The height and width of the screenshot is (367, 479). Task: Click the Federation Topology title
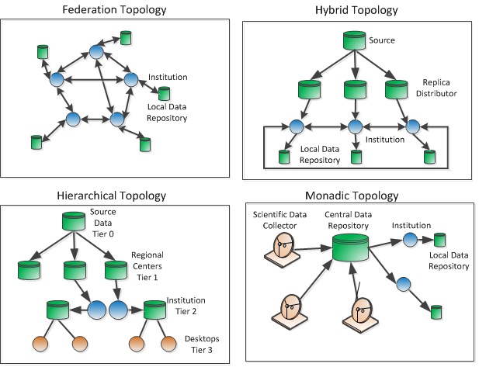point(114,10)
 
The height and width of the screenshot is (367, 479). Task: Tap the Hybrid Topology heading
point(356,10)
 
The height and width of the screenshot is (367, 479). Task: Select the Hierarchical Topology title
point(112,196)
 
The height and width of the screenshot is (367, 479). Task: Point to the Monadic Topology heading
point(352,196)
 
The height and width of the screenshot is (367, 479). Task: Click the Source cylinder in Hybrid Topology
point(354,40)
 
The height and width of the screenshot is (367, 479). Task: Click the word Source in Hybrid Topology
point(382,40)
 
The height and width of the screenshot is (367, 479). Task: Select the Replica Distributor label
point(436,88)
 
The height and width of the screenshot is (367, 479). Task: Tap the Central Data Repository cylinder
point(350,248)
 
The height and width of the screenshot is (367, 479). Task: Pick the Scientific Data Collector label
point(279,220)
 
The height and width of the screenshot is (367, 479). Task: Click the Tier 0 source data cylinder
point(74,221)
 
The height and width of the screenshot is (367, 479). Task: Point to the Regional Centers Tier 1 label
point(148,266)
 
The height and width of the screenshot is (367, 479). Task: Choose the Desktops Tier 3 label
point(202,344)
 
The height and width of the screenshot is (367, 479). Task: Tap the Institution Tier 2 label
point(186,306)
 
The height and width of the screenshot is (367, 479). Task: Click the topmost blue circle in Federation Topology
point(96,52)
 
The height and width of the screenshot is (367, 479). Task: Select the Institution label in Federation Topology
point(168,77)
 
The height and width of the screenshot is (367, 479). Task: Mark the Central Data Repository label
point(349,220)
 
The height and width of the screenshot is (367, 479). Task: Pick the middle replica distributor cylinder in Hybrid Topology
point(355,89)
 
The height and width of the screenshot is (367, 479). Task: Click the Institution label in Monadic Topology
point(411,225)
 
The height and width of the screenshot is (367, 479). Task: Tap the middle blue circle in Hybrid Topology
point(356,126)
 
